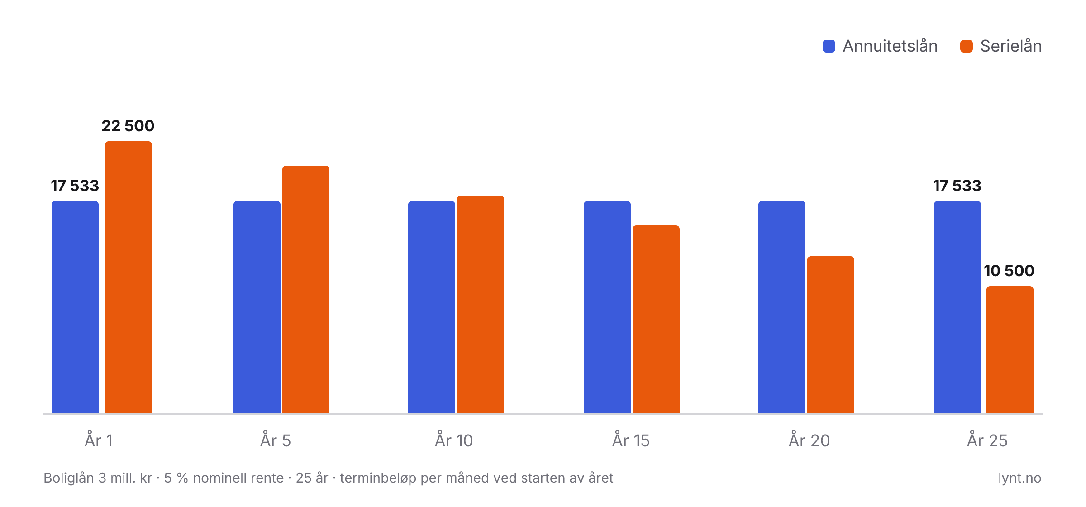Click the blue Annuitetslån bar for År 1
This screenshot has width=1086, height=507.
(75, 307)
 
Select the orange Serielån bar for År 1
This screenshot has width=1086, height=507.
(129, 277)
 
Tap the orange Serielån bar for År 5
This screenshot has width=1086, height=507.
(306, 289)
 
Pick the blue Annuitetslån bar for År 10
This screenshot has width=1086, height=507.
(432, 307)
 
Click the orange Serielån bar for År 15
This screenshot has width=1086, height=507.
(656, 319)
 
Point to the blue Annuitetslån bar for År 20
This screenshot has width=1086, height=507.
(782, 307)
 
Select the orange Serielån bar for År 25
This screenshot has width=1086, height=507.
(1010, 349)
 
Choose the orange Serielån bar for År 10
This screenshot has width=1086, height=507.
(481, 304)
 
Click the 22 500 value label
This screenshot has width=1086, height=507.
(128, 126)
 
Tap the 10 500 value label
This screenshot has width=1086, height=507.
(1009, 271)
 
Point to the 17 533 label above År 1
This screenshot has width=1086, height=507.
(75, 186)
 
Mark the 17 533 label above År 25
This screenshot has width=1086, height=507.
(957, 186)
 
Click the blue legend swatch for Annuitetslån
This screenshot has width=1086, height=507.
(829, 46)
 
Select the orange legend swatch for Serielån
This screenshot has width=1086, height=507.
(967, 46)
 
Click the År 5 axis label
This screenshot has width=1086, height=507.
(276, 440)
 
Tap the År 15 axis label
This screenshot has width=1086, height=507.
(631, 440)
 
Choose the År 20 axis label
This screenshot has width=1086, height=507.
(810, 440)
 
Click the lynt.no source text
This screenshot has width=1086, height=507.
(1020, 478)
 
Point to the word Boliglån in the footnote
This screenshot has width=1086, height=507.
(69, 478)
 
